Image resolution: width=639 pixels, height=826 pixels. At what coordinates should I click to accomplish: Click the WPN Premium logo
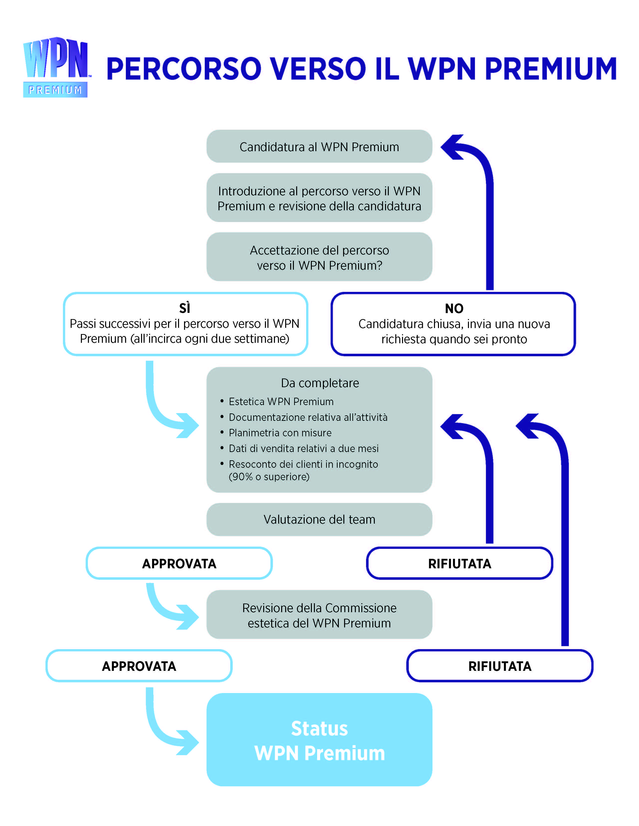pos(56,67)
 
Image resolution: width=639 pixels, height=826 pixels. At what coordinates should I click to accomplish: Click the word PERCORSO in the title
pos(184,69)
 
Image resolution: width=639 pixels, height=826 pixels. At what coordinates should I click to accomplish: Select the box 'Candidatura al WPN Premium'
pos(319,146)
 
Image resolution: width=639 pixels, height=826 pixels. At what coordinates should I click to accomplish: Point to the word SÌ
pos(185,308)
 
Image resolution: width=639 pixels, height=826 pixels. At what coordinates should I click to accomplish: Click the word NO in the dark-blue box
pos(454,309)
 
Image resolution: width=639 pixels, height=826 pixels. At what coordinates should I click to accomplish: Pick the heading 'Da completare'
pos(320,383)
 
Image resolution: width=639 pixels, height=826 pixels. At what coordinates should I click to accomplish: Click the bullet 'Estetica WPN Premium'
pos(281,402)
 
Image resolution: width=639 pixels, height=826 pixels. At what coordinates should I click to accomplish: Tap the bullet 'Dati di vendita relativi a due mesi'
pos(304,449)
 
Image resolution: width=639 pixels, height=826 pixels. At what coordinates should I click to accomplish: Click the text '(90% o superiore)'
pos(269,477)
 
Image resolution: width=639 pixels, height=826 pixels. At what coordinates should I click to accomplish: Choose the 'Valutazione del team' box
pos(319,519)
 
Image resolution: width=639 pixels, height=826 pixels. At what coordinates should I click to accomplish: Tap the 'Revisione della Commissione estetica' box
pos(319,615)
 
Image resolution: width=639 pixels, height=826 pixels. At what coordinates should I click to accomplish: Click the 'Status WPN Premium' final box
pos(319,740)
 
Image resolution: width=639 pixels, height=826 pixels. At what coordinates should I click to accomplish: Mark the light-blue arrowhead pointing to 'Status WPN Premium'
pos(188,742)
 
